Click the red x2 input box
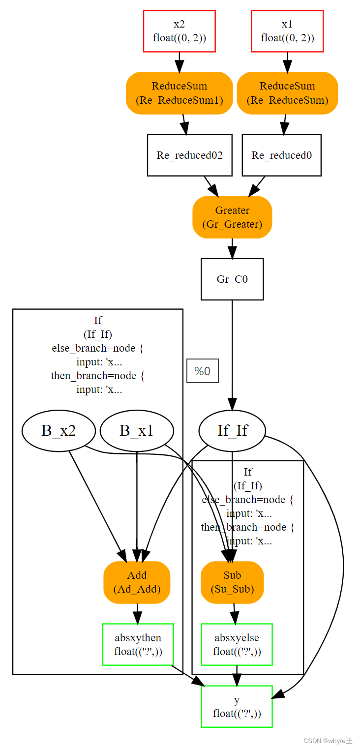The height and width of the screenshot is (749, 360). point(179,31)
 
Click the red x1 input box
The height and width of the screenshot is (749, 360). point(287,31)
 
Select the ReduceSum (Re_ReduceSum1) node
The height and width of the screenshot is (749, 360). point(179,93)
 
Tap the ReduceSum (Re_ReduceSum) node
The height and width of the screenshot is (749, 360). point(287,93)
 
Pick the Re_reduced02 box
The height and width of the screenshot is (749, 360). point(189,155)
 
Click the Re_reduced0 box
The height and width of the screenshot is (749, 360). point(281,155)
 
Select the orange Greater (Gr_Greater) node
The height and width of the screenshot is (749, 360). point(232,217)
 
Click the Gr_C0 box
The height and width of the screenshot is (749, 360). point(232,279)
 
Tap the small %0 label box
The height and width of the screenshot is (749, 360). point(202,371)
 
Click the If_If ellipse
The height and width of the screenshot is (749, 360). point(232,431)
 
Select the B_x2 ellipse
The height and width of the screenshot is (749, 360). point(58,431)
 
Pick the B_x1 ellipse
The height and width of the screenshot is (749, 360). point(137,431)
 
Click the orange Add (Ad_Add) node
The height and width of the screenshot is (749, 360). point(137,582)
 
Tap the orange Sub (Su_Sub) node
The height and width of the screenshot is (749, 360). point(232,582)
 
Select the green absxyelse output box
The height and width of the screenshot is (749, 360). point(237,644)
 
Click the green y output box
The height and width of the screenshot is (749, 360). point(237,706)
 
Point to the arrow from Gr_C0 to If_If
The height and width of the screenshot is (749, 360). point(232,354)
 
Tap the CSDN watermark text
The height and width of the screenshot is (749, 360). point(327,741)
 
